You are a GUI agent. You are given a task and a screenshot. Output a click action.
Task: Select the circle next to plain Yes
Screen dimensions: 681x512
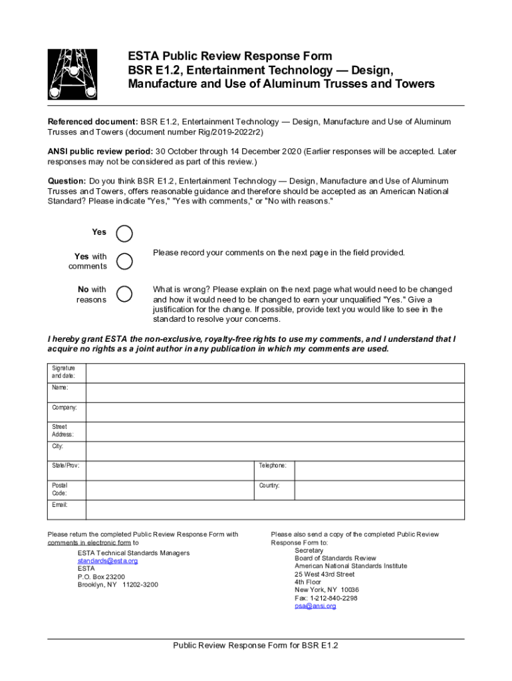coord(124,233)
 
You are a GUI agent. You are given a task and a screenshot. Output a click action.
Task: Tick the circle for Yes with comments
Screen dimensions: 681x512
coord(124,261)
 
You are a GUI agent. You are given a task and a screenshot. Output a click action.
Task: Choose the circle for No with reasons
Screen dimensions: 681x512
coord(124,293)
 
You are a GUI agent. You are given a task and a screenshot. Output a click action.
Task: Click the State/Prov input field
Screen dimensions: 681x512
coord(170,470)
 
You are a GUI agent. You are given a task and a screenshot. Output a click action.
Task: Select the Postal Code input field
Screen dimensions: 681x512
coord(170,490)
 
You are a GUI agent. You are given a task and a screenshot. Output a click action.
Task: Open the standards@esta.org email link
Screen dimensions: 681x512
coord(108,561)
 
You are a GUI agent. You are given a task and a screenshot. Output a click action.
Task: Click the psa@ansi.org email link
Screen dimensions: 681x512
coord(315,606)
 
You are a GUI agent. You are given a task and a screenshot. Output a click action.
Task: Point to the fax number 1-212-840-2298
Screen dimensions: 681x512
coord(326,598)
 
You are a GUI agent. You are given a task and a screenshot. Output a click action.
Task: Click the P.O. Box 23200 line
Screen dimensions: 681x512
coord(101,577)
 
